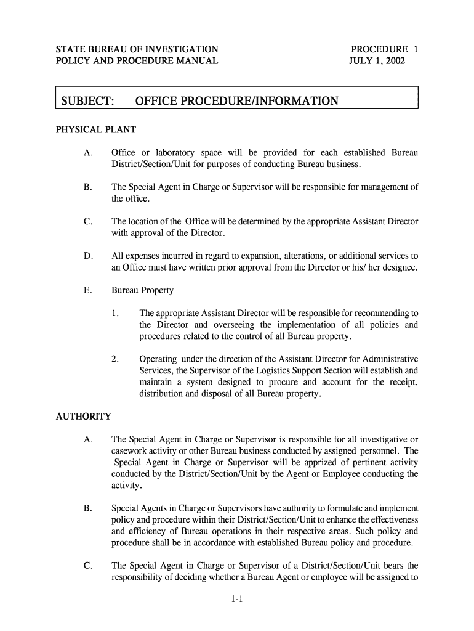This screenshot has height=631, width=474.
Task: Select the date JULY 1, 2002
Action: [x=377, y=61]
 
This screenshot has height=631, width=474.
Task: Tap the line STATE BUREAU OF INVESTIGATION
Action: [x=137, y=49]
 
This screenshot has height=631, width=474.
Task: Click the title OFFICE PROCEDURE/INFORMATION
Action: [x=236, y=101]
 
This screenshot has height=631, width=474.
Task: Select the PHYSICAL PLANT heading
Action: [x=95, y=130]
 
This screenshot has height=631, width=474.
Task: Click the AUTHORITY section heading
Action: [x=84, y=417]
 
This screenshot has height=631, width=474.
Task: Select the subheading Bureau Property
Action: [x=142, y=290]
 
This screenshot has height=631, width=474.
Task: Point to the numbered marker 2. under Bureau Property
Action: [x=116, y=359]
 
